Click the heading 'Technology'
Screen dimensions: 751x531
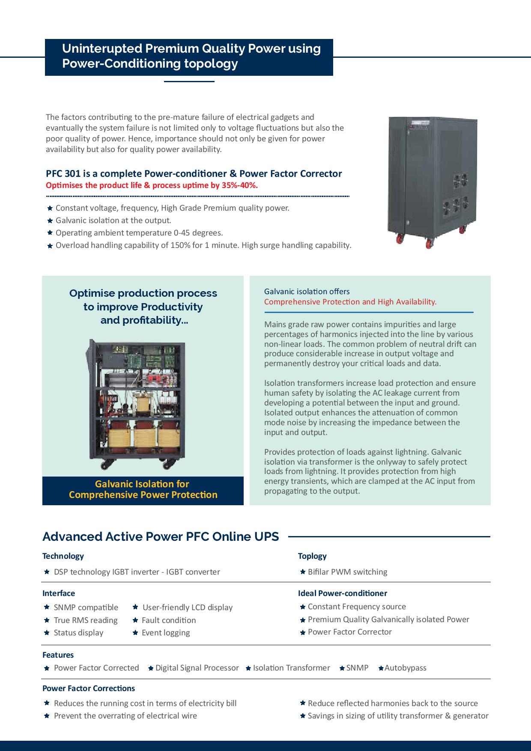pyautogui.click(x=63, y=556)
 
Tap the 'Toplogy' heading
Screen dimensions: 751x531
pyautogui.click(x=312, y=556)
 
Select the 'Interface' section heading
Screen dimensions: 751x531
pyautogui.click(x=59, y=593)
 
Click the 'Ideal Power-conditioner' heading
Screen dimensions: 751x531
pyautogui.click(x=342, y=593)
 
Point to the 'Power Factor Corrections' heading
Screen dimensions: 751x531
pyautogui.click(x=89, y=688)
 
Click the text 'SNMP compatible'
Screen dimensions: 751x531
pyautogui.click(x=86, y=607)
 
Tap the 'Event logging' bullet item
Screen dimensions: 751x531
pyautogui.click(x=166, y=632)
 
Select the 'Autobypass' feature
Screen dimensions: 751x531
pyautogui.click(x=405, y=668)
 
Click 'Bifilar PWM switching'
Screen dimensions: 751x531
pyautogui.click(x=347, y=572)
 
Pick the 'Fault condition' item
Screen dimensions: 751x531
pyautogui.click(x=169, y=620)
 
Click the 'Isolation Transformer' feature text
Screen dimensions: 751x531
pyautogui.click(x=291, y=668)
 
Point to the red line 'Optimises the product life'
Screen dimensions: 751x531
pyautogui.click(x=152, y=185)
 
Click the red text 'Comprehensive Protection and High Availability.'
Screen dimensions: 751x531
pyautogui.click(x=350, y=301)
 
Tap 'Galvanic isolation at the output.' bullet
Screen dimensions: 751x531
pyautogui.click(x=113, y=220)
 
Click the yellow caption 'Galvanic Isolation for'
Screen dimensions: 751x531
pyautogui.click(x=142, y=484)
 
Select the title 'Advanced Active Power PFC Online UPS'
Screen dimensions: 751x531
pyautogui.click(x=161, y=536)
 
